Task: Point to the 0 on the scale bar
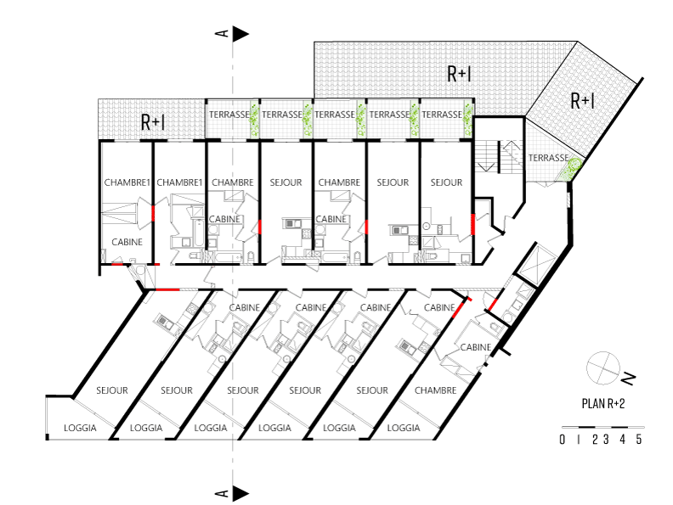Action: (x=563, y=440)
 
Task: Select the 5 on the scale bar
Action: (x=638, y=440)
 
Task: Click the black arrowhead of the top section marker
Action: (x=240, y=33)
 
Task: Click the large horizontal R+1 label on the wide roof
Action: (x=459, y=75)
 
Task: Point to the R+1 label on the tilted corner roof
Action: (x=581, y=101)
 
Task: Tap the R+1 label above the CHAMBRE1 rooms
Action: (x=153, y=122)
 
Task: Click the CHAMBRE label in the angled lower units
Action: (x=435, y=390)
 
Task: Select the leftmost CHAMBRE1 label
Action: (x=127, y=182)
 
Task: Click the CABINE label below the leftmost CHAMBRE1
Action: (x=127, y=241)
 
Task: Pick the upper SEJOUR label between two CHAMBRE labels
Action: (x=286, y=182)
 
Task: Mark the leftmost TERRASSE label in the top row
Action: (x=229, y=114)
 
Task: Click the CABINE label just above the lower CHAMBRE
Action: (x=476, y=347)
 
